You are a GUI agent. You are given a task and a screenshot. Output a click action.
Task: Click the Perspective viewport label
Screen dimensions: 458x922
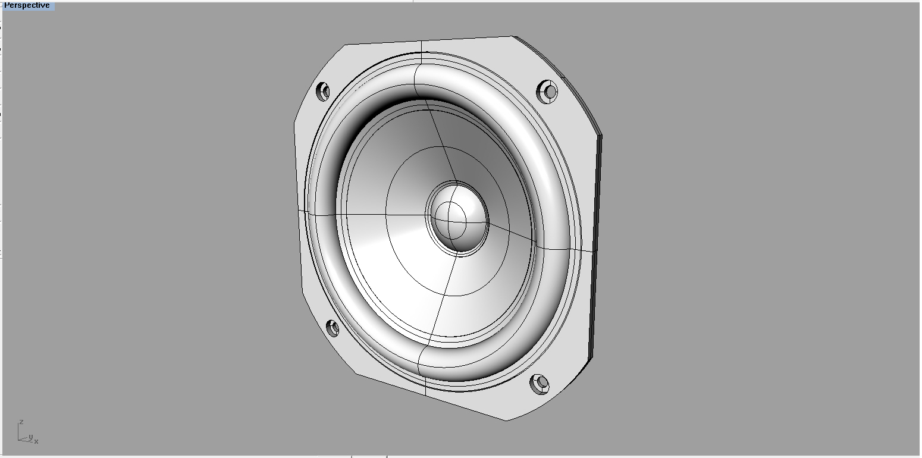point(27,5)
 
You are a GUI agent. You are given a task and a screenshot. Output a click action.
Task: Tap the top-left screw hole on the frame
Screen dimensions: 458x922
point(322,92)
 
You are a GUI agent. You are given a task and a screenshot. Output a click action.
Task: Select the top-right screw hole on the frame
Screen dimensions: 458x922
point(548,92)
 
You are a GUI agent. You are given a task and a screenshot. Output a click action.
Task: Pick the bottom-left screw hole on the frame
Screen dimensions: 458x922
point(333,328)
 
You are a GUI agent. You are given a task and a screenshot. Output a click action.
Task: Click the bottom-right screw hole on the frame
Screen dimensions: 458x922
point(540,384)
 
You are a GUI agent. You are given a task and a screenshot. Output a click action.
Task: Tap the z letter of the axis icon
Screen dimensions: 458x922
point(21,422)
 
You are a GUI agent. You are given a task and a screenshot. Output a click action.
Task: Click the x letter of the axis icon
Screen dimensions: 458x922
point(36,441)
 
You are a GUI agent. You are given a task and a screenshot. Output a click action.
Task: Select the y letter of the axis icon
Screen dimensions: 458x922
point(30,437)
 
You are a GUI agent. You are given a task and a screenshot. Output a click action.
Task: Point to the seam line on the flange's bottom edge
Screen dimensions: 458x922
point(426,387)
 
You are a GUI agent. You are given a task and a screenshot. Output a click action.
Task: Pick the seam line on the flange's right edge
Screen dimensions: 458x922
point(586,250)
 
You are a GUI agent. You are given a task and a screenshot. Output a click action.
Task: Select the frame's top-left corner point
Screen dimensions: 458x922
point(345,45)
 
